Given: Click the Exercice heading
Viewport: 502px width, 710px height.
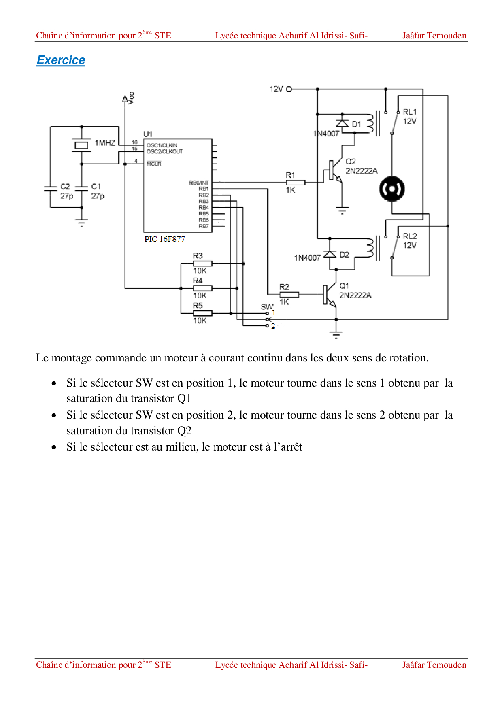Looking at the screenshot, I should [61, 60].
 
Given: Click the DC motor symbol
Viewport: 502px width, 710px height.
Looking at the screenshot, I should [392, 189].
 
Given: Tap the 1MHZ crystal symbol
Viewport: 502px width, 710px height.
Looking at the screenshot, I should [81, 145].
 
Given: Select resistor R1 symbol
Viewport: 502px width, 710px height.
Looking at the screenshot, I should [296, 183].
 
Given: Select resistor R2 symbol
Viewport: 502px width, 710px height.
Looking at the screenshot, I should [289, 294].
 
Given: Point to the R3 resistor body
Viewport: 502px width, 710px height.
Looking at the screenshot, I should [202, 264].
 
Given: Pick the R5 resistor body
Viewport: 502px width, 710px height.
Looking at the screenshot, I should [202, 313].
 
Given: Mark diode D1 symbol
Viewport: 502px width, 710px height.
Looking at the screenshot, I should [342, 123].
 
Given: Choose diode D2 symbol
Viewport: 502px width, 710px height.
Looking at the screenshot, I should [330, 254].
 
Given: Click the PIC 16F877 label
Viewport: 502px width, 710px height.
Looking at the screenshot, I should [164, 239].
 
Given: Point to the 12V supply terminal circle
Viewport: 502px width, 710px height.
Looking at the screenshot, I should [289, 89].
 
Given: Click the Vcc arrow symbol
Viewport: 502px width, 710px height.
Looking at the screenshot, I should [125, 99].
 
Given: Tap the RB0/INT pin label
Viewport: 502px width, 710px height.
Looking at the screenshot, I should [199, 183].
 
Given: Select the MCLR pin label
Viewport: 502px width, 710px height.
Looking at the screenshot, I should [154, 164].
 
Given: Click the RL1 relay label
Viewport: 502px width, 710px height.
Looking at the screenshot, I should [409, 112].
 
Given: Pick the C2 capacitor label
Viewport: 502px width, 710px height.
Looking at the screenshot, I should [65, 186].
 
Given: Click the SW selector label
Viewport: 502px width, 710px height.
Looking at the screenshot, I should [267, 306].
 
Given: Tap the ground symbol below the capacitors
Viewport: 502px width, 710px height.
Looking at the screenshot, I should [82, 223].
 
